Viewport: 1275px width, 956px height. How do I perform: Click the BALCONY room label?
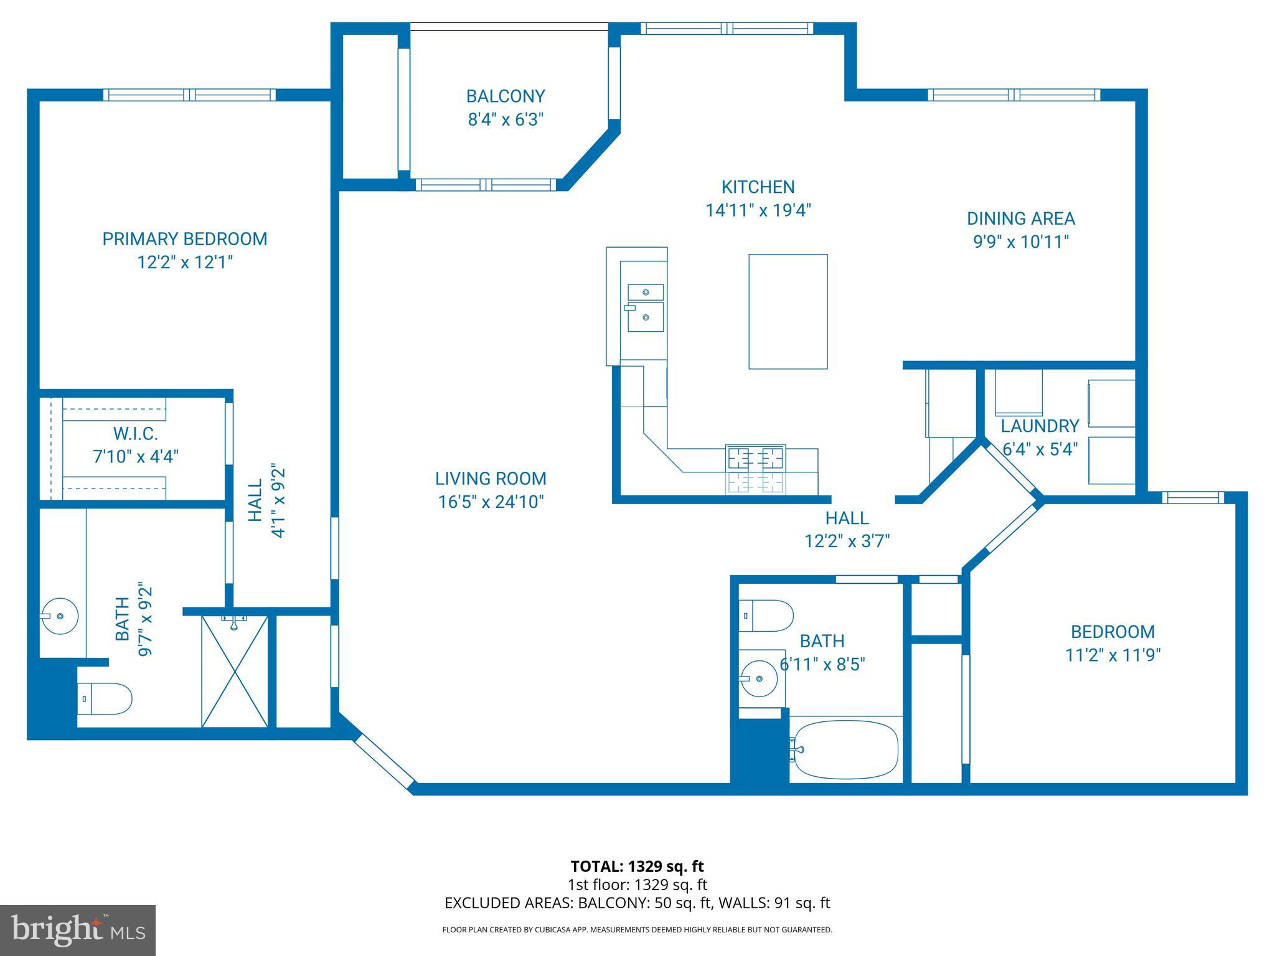pyautogui.click(x=505, y=96)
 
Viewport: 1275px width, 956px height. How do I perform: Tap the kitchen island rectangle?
pyautogui.click(x=788, y=311)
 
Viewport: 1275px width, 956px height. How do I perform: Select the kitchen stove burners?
pyautogui.click(x=755, y=469)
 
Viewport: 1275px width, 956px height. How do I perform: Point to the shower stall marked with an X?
pyautogui.click(x=235, y=671)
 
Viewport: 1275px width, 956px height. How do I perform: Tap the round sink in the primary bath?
pyautogui.click(x=60, y=616)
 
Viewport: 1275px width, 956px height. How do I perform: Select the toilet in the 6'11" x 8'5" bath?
pyautogui.click(x=766, y=616)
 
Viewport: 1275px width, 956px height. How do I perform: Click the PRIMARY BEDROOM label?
pyautogui.click(x=184, y=239)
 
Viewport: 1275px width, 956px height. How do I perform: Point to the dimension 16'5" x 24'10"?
pyautogui.click(x=491, y=502)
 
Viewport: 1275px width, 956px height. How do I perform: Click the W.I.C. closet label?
pyautogui.click(x=135, y=433)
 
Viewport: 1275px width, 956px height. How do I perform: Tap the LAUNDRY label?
pyautogui.click(x=1039, y=426)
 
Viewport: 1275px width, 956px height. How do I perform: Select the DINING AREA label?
pyautogui.click(x=1020, y=219)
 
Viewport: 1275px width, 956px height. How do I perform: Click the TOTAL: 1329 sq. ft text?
pyautogui.click(x=637, y=866)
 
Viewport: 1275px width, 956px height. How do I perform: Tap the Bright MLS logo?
pyautogui.click(x=78, y=930)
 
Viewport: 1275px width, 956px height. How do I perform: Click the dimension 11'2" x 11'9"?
pyautogui.click(x=1113, y=655)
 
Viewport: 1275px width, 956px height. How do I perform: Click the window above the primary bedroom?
pyautogui.click(x=189, y=95)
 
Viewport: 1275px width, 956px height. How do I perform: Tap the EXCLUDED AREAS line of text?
pyautogui.click(x=637, y=903)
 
